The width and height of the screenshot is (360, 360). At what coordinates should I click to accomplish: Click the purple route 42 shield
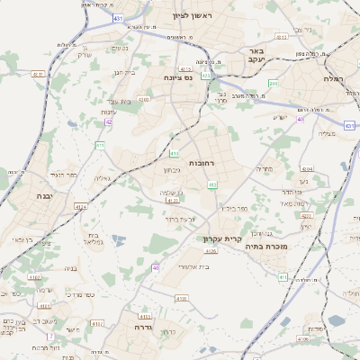click(108, 121)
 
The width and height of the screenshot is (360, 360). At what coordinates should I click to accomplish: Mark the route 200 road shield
click(273, 83)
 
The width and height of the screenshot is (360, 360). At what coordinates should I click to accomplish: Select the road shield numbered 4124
click(82, 207)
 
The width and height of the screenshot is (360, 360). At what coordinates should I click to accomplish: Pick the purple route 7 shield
click(51, 336)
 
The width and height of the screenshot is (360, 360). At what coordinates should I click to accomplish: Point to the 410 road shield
click(212, 184)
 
